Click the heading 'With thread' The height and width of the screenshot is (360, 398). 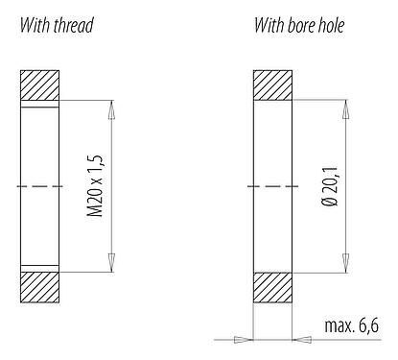click(57, 25)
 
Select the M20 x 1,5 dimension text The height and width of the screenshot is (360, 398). click(93, 183)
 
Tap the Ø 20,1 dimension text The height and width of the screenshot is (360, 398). click(328, 183)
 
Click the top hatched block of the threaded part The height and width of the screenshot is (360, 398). click(40, 86)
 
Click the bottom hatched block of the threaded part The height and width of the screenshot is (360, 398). click(40, 286)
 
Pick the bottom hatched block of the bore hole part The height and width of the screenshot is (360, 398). click(273, 286)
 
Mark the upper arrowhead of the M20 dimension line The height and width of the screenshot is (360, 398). click(112, 109)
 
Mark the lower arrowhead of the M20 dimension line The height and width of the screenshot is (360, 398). click(112, 257)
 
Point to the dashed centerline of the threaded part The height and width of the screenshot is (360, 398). click(38, 185)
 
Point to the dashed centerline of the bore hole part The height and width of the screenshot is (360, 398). click(273, 185)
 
